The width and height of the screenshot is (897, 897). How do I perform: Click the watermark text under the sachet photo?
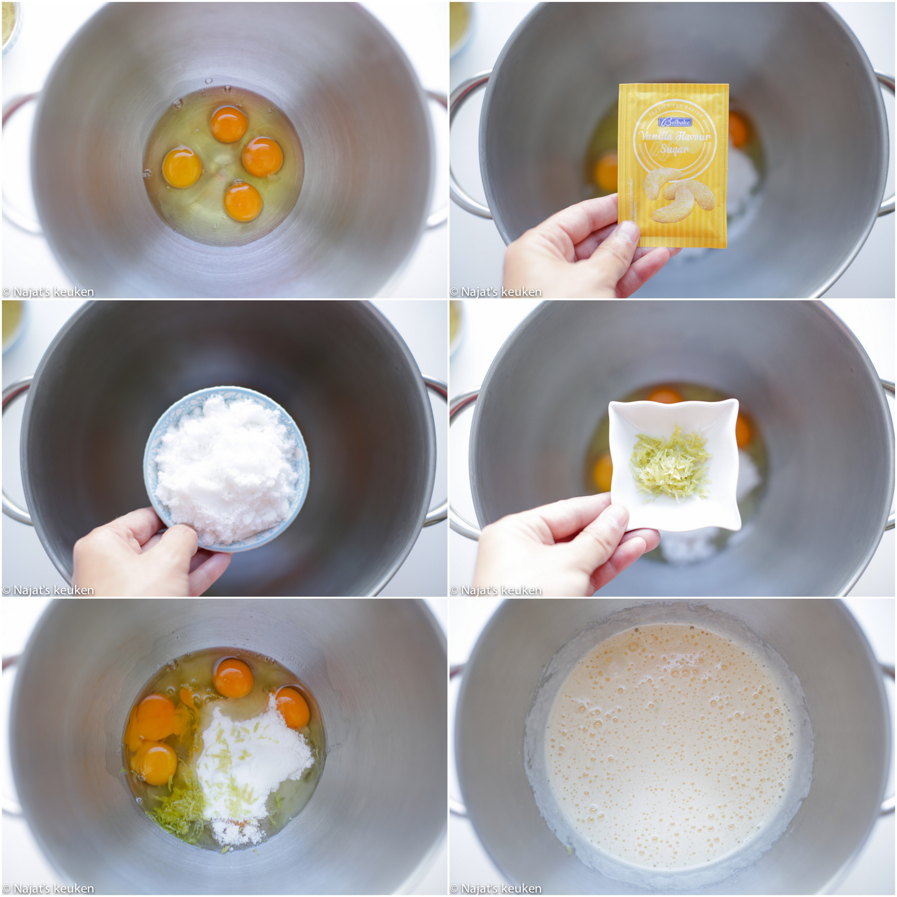click(495, 292)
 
